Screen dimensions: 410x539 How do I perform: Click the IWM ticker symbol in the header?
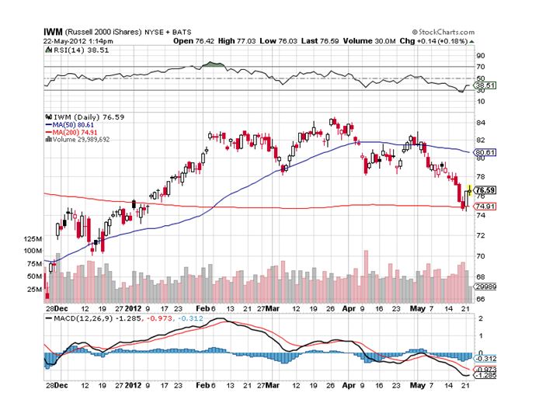[52, 33]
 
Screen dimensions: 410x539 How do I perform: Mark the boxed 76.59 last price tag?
[485, 190]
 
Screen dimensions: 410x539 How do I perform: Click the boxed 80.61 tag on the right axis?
[485, 152]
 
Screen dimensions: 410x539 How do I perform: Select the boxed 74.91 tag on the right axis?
[485, 207]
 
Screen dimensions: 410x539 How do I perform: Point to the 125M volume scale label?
[32, 240]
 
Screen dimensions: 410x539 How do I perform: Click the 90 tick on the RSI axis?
[481, 56]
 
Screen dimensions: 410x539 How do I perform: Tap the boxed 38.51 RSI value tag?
[485, 85]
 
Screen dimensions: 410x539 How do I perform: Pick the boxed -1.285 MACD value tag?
[485, 375]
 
